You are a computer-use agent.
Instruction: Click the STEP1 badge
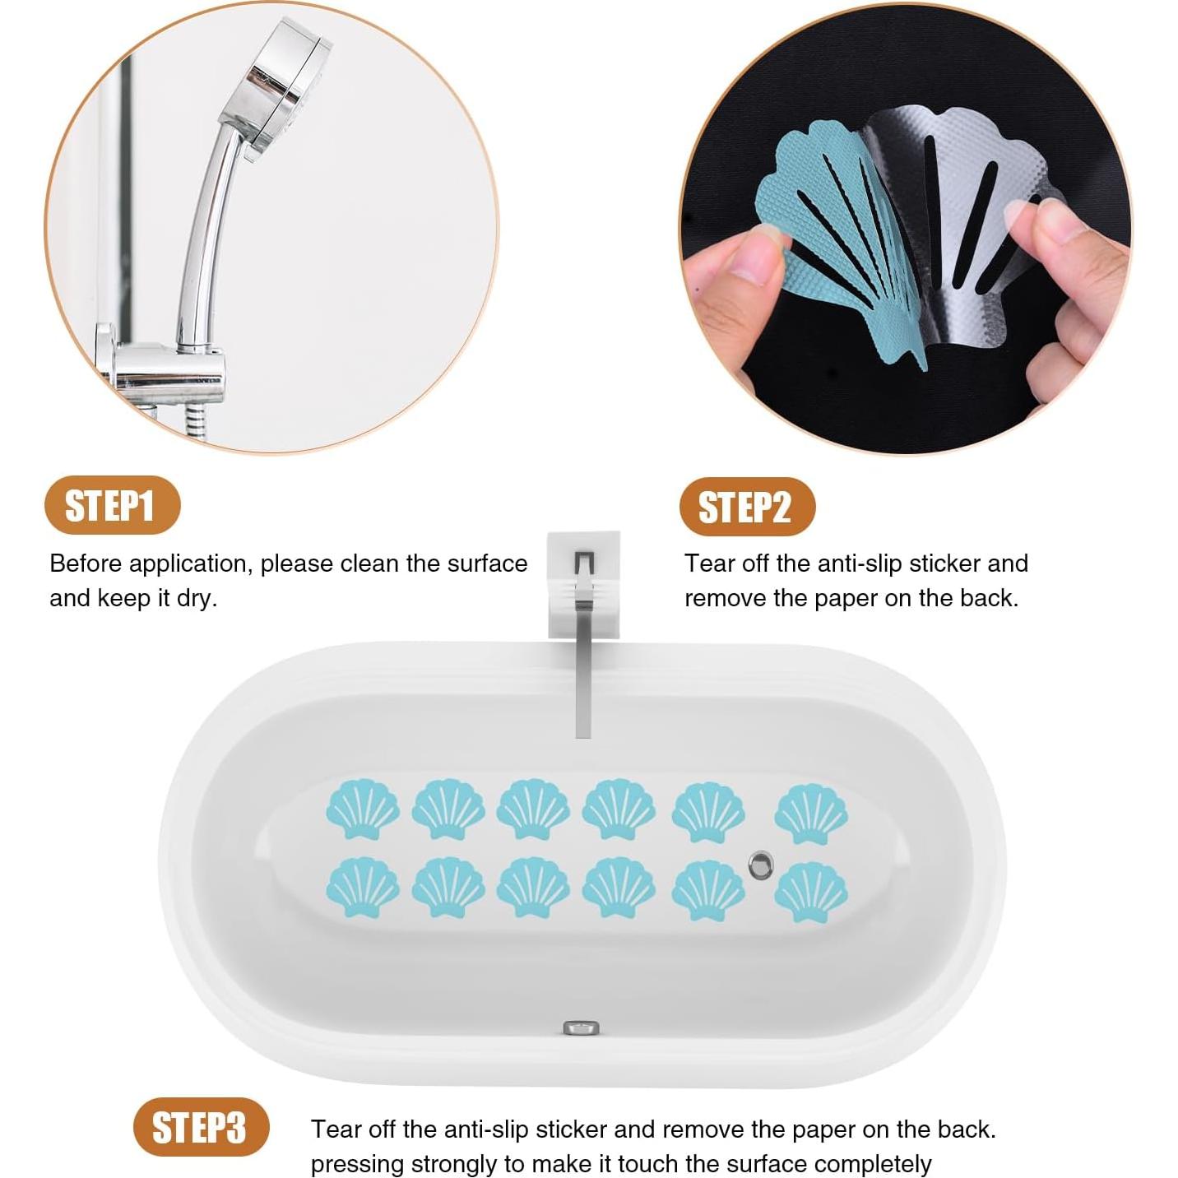(112, 505)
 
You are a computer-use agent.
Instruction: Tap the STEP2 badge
(746, 507)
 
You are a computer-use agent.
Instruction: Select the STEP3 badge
(201, 1127)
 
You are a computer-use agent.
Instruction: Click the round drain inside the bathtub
(761, 865)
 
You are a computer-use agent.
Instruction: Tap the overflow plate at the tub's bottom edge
(581, 1027)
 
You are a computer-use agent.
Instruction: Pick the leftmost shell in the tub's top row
(363, 809)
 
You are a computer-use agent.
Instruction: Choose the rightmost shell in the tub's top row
(811, 814)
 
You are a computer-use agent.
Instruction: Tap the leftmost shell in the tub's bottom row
(363, 887)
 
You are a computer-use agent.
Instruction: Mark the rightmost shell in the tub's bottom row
(811, 892)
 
